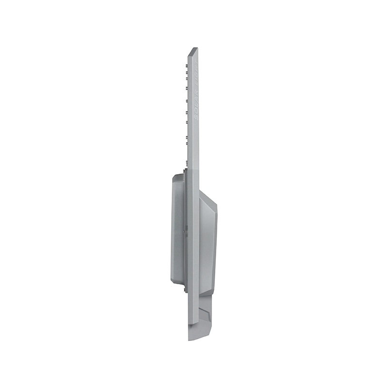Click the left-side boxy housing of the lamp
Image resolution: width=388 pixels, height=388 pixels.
tap(178, 228)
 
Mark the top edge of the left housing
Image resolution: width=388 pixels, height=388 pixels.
tap(178, 174)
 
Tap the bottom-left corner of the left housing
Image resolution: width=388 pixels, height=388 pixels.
tap(173, 281)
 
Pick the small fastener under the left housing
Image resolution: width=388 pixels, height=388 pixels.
tap(185, 290)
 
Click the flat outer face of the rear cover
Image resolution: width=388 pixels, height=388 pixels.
tap(214, 242)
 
